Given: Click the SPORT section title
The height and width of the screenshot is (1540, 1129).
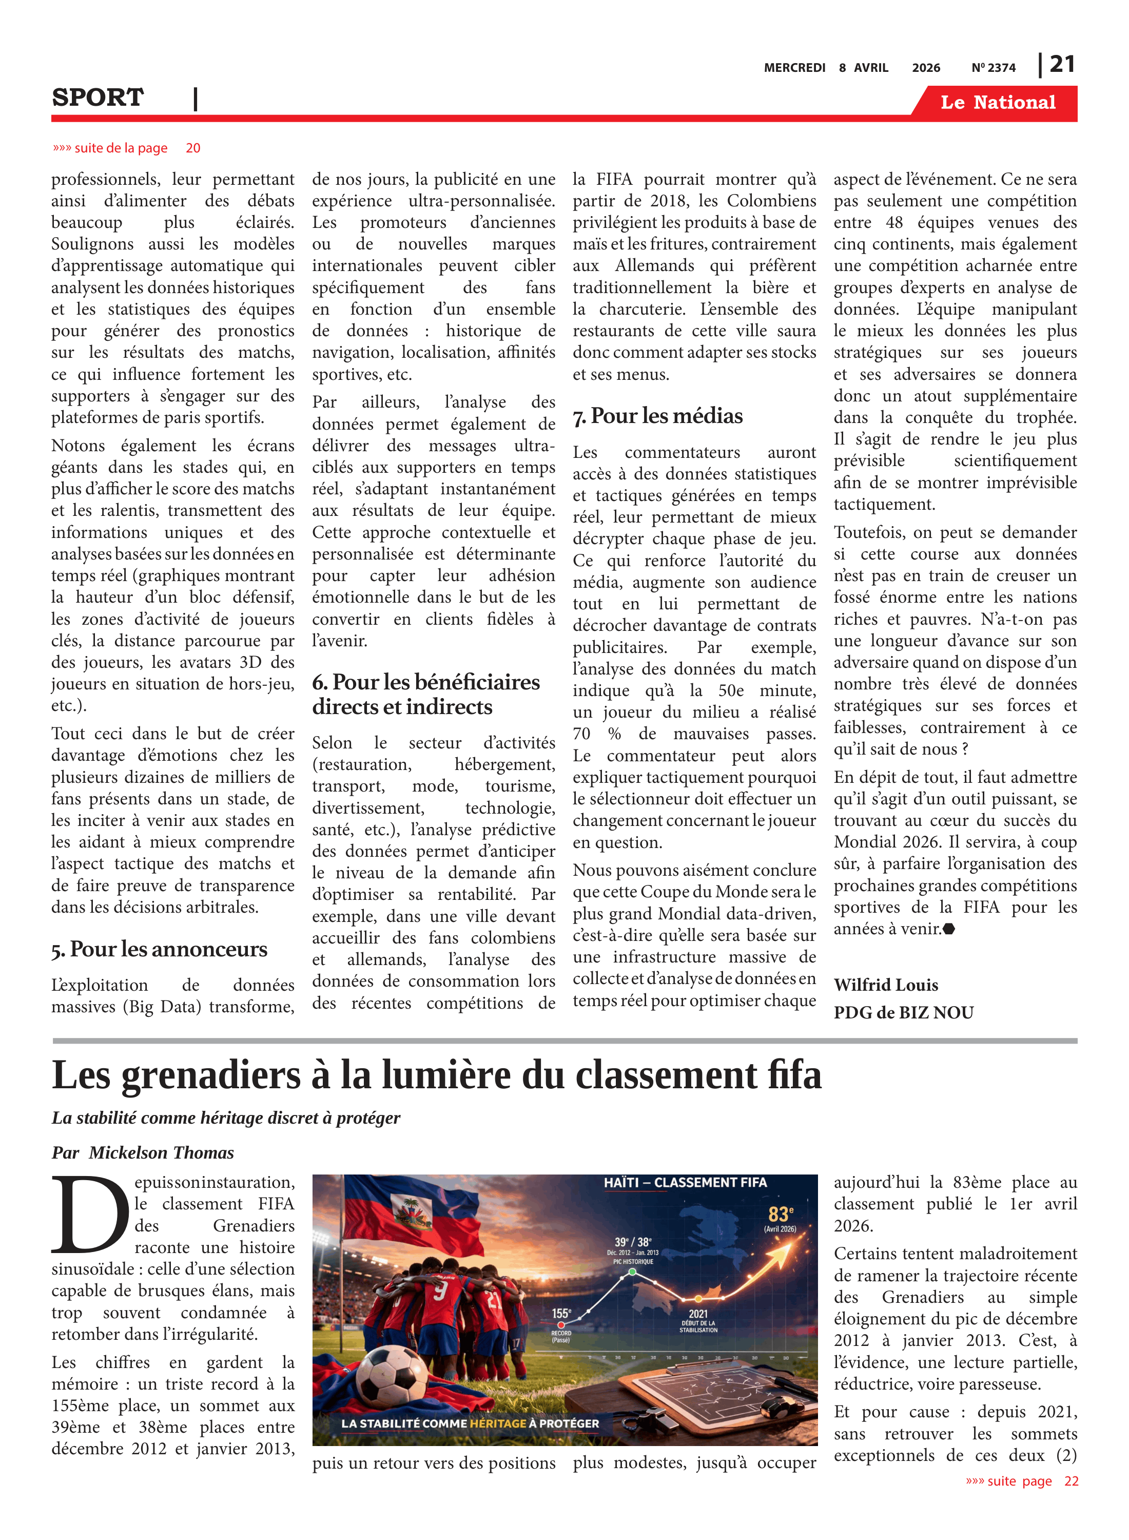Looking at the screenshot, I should pyautogui.click(x=98, y=98).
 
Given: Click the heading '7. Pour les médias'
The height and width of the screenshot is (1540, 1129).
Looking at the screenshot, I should pyautogui.click(x=657, y=416).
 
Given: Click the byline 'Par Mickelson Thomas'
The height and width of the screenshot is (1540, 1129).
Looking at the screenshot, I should pyautogui.click(x=143, y=1152).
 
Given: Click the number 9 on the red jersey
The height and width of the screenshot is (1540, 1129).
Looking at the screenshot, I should pyautogui.click(x=440, y=1290).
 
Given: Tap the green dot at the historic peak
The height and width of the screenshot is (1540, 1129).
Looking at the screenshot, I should pyautogui.click(x=632, y=1272).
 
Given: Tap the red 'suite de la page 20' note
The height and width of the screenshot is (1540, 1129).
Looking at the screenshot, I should pyautogui.click(x=126, y=148).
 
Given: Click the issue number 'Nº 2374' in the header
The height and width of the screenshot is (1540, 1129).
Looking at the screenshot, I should pyautogui.click(x=993, y=68).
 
